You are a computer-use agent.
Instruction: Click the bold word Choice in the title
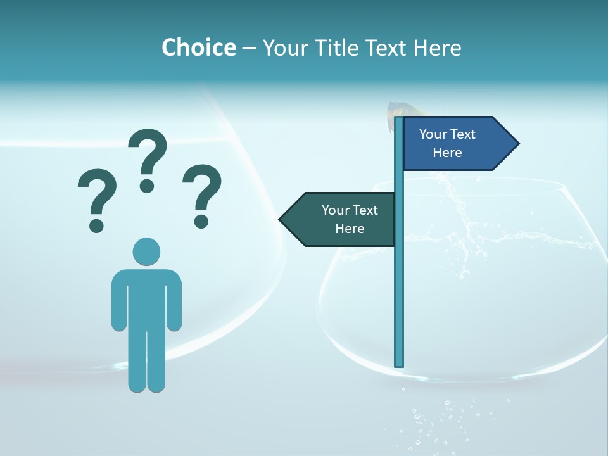[x=198, y=47]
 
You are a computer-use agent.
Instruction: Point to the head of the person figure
[x=146, y=251]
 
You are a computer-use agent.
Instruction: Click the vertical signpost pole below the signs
[x=399, y=304]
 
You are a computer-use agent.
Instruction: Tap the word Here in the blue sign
[x=447, y=153]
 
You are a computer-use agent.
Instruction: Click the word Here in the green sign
[x=350, y=229]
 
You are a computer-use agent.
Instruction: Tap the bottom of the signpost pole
[x=399, y=363]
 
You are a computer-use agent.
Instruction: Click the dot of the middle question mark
[x=147, y=186]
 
